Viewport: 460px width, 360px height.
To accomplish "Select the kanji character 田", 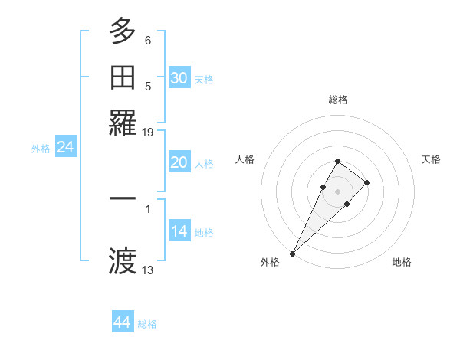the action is point(123,77).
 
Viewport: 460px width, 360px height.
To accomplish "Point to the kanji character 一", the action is point(123,198).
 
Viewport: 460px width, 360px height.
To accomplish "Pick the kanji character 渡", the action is point(123,260).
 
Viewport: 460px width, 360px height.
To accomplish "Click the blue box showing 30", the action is point(179,78).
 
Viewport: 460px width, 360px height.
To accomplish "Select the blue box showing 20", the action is point(179,162).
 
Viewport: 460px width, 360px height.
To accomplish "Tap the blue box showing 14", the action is point(179,232).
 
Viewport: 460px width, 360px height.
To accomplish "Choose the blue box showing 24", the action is point(66,148).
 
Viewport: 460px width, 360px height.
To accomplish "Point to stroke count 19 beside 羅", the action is point(148,133).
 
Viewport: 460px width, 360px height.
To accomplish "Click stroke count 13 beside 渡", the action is point(148,270).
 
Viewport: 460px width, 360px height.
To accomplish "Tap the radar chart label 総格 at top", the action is point(338,100).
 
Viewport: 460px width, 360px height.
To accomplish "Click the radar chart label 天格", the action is point(431,159).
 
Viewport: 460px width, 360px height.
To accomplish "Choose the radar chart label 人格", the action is point(245,159).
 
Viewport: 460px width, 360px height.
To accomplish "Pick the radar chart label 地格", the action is point(402,262).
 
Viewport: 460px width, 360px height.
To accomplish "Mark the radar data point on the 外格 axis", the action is point(293,253).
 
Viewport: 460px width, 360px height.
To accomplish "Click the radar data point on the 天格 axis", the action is point(367,182).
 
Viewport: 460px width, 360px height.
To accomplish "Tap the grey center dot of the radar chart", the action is point(337,191).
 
